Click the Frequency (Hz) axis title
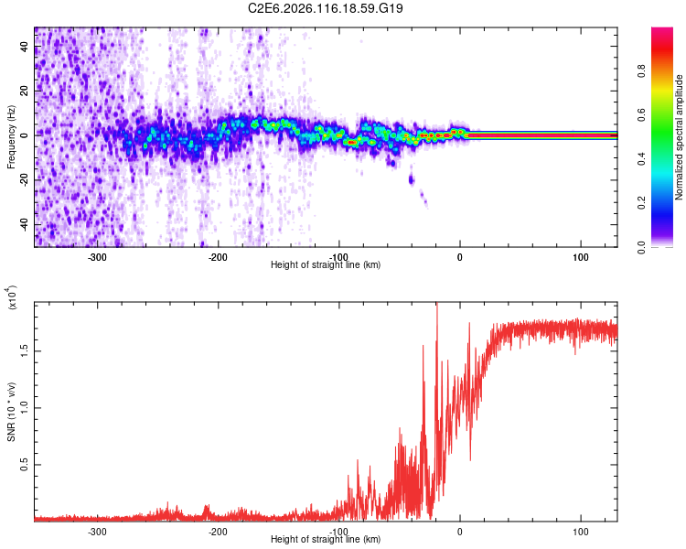(x=11, y=136)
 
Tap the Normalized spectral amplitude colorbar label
(x=680, y=137)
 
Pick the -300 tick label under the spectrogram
(x=97, y=257)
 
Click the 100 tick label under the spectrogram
(x=580, y=257)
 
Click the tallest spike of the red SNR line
(x=436, y=305)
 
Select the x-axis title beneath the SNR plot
(x=326, y=540)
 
